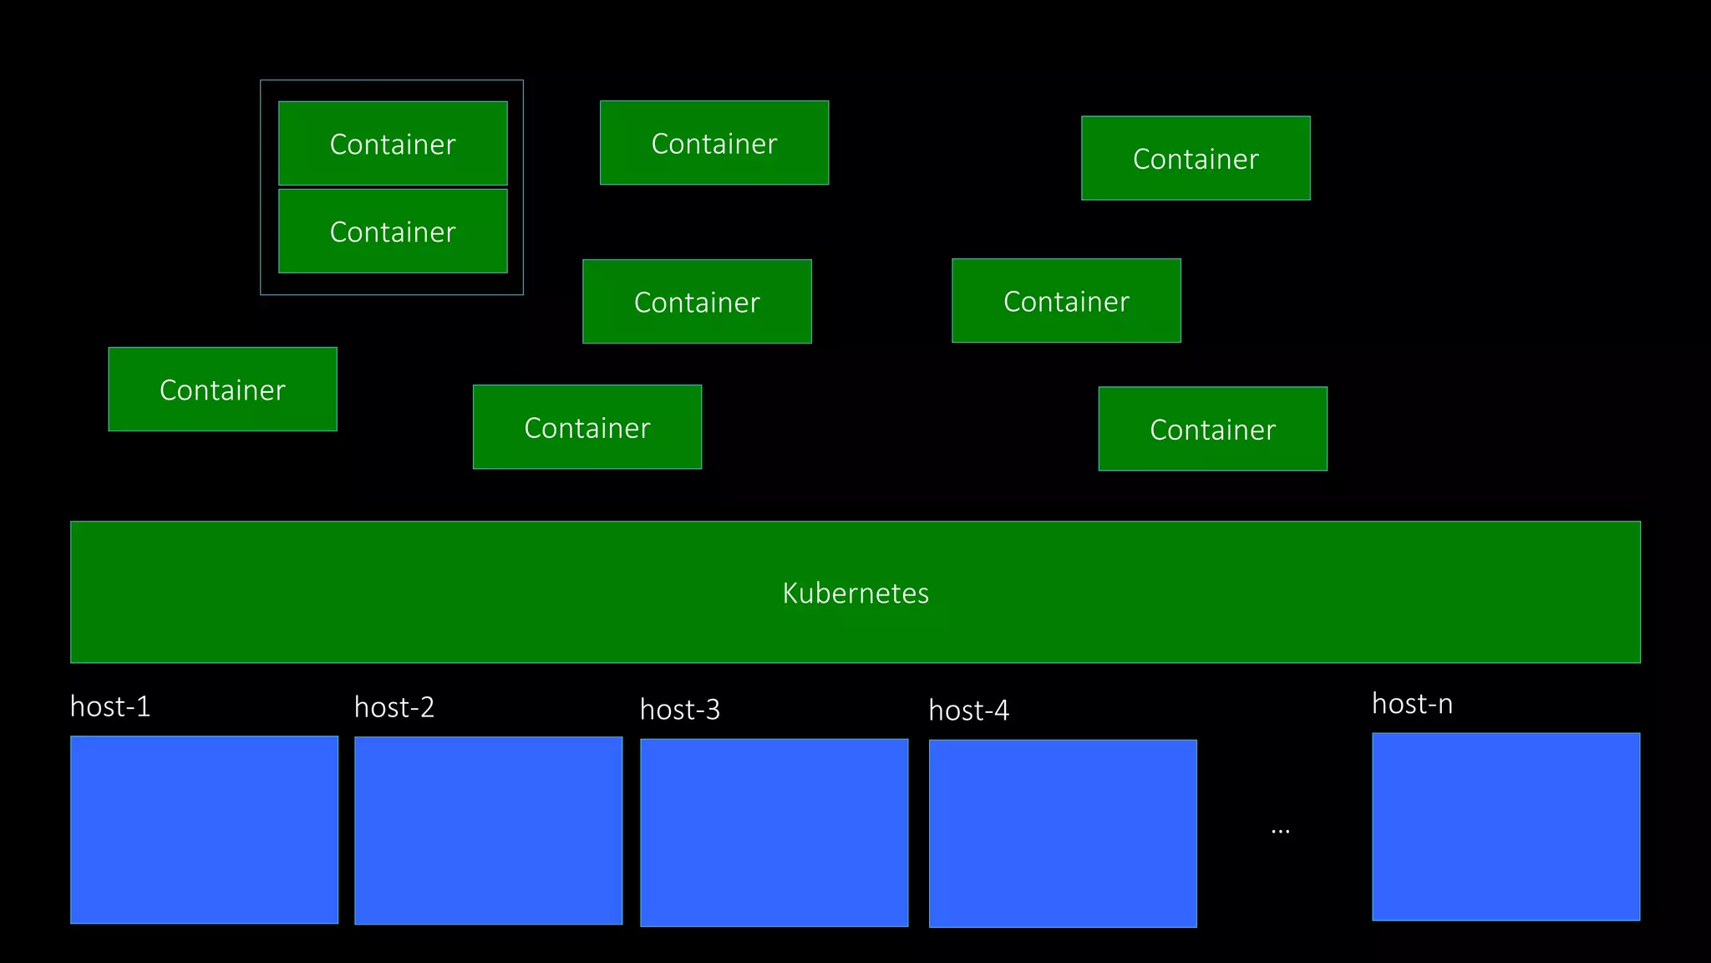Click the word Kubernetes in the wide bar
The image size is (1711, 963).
click(x=855, y=593)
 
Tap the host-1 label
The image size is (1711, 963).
click(x=110, y=707)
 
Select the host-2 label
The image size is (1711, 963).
click(x=394, y=708)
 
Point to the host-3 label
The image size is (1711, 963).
click(x=679, y=710)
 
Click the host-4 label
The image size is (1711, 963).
click(x=968, y=711)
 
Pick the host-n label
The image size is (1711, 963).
click(x=1412, y=704)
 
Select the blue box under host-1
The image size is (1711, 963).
click(x=204, y=829)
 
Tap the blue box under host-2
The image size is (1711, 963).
click(x=488, y=830)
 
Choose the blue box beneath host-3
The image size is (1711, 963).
click(x=774, y=832)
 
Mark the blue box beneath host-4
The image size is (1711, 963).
click(x=1063, y=833)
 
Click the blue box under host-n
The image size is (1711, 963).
click(x=1505, y=827)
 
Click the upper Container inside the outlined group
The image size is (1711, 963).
click(x=393, y=144)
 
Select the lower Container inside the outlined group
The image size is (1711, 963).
click(x=393, y=232)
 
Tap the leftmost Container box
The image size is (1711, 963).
click(x=222, y=390)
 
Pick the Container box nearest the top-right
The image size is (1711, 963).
click(x=1196, y=158)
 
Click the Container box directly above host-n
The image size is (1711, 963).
click(x=1212, y=429)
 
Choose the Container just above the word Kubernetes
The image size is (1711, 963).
click(x=587, y=427)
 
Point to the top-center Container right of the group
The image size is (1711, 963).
click(x=714, y=143)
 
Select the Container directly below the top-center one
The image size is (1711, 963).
click(x=697, y=302)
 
